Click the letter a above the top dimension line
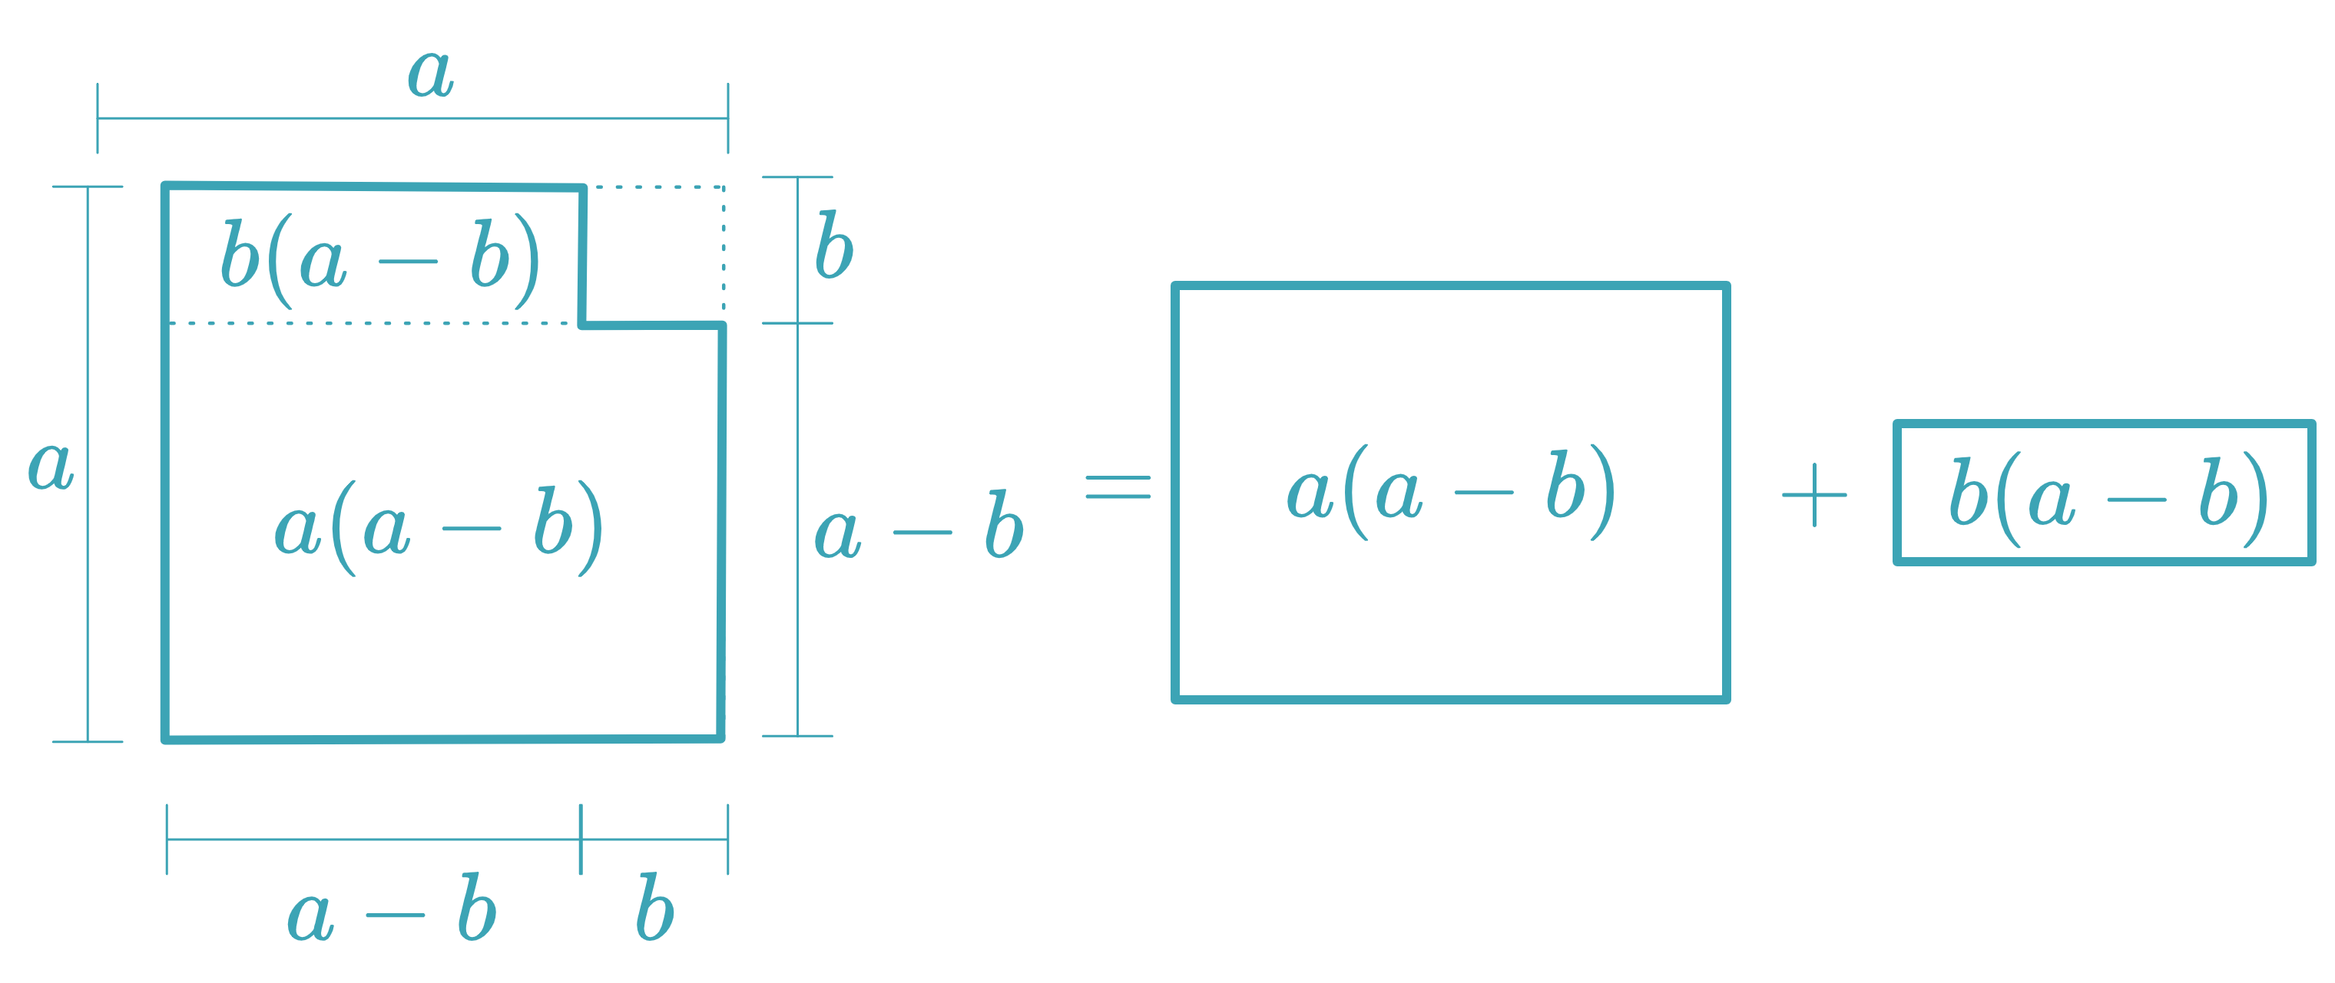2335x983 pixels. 431,74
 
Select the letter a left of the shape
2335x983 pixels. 50,467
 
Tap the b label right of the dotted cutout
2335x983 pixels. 833,246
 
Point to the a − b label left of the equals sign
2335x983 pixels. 918,528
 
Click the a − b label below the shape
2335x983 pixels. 392,911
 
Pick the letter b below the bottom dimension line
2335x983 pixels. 654,909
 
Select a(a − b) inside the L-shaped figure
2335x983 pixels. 439,528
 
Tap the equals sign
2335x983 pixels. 1118,487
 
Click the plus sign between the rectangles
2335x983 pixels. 1813,496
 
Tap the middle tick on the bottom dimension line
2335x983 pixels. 581,839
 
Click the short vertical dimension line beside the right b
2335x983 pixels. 798,249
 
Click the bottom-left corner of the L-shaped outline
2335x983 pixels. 166,738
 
